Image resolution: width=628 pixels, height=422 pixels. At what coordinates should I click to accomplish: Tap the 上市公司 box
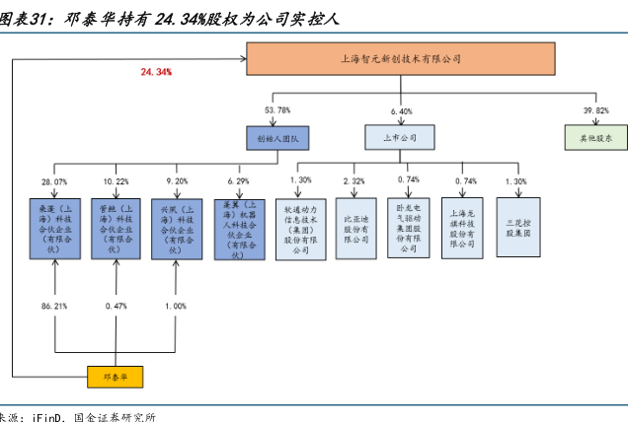pos(401,138)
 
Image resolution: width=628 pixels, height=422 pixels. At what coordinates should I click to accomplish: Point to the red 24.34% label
pos(157,72)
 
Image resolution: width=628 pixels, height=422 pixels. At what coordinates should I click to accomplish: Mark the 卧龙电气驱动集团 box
pos(408,228)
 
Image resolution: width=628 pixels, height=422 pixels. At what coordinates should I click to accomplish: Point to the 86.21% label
pos(54,307)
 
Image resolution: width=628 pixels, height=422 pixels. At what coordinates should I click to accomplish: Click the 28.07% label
pos(54,182)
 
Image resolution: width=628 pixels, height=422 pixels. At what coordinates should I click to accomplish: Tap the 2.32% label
pos(354,181)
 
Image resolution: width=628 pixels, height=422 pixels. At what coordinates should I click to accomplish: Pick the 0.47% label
pos(116,307)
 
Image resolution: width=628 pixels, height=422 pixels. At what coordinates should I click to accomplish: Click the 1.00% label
pos(175,307)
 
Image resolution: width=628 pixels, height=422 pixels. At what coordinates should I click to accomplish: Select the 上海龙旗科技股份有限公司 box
pos(461,228)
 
